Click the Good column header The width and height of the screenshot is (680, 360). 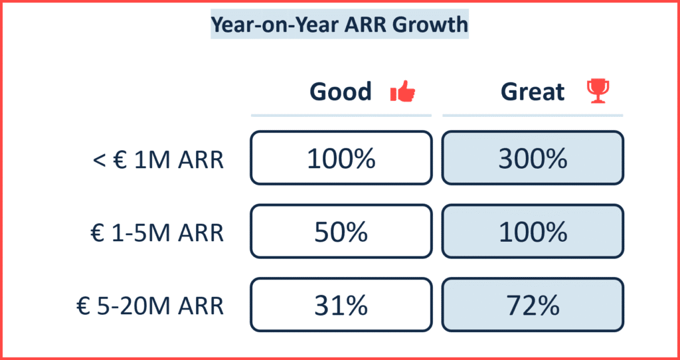341,92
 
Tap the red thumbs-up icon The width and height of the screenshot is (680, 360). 402,92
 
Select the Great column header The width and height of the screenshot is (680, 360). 533,92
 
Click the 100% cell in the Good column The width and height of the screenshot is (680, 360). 341,158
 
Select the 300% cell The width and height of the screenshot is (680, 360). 533,158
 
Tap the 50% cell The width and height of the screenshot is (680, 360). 341,231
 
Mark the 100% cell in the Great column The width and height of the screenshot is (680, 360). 533,231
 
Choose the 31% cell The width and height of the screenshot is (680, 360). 341,305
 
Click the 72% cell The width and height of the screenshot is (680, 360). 533,305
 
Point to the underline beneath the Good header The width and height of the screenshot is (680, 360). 341,116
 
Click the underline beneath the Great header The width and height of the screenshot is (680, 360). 533,116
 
